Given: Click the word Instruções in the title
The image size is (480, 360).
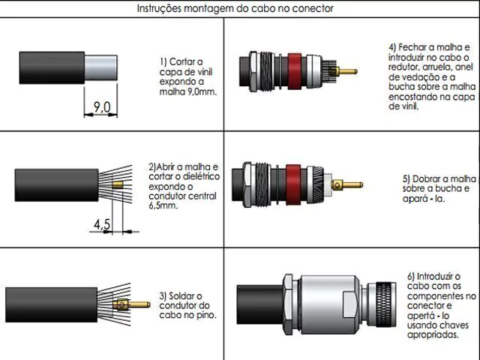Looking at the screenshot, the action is point(158,8).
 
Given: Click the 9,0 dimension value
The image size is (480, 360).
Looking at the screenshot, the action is point(102,107).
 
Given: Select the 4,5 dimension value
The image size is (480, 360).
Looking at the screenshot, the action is point(102,224).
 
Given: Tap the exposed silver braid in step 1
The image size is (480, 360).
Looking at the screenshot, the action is point(100,67).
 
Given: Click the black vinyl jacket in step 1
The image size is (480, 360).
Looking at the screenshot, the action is point(52,67).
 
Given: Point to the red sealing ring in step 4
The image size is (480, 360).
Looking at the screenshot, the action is point(295,71).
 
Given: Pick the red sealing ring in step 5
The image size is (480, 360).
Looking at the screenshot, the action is point(293,184).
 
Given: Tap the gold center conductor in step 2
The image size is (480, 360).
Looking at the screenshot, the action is point(118,185).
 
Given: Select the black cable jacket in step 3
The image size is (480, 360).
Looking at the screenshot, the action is point(52,304).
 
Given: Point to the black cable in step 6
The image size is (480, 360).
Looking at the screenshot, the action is point(260,304).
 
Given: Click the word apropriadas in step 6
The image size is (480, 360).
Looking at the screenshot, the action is point(433,334).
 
